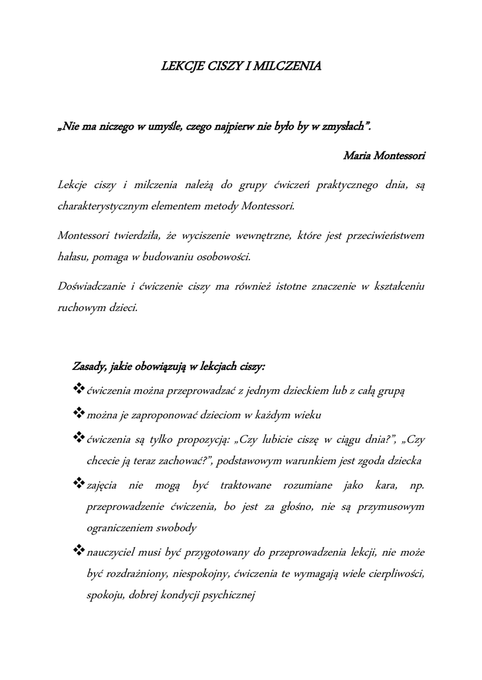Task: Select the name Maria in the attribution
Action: (x=357, y=157)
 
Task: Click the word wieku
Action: (x=308, y=416)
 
